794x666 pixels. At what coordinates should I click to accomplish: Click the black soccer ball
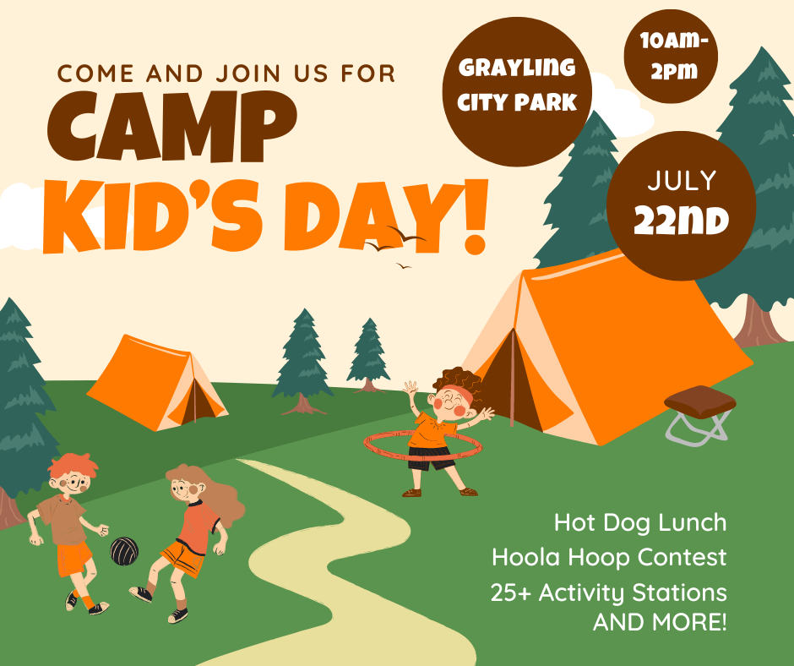click(x=124, y=551)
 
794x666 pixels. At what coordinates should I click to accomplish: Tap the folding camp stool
click(x=699, y=415)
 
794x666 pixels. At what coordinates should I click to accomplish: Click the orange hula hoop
click(x=423, y=446)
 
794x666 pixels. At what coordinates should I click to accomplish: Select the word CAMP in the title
click(x=171, y=127)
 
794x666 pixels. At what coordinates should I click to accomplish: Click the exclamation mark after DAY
click(x=474, y=216)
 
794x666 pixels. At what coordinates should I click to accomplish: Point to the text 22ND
click(x=681, y=221)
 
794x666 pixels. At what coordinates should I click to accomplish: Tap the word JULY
click(x=682, y=180)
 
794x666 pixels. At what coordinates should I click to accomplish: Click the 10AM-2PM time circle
click(x=671, y=56)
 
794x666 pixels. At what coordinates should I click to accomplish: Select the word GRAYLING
click(x=516, y=68)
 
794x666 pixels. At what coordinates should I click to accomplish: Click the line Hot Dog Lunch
click(x=640, y=522)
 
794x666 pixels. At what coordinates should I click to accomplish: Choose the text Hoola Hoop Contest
click(x=609, y=557)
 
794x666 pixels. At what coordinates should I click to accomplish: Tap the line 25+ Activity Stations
click(x=609, y=592)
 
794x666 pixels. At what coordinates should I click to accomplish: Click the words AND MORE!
click(x=660, y=622)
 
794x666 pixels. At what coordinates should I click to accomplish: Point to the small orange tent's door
click(x=197, y=401)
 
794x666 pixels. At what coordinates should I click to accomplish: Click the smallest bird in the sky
click(x=404, y=265)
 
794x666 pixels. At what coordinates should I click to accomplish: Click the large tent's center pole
click(x=512, y=377)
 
